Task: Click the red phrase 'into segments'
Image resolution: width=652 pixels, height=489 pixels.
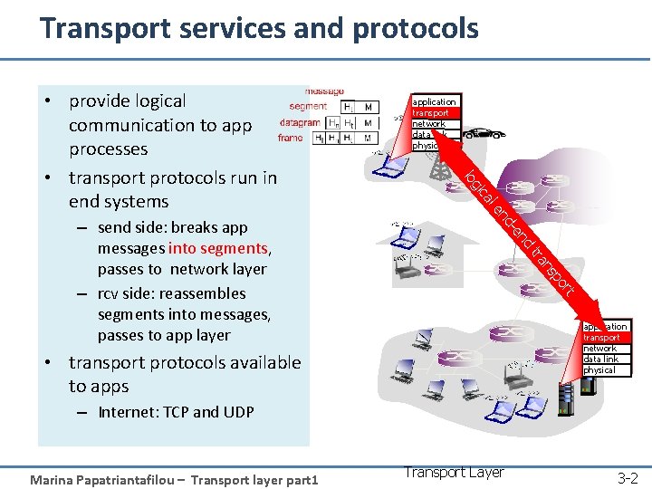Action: pos(218,248)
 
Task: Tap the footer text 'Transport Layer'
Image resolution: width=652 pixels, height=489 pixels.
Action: pos(454,472)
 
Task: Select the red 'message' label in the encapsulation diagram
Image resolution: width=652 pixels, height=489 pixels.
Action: pos(324,91)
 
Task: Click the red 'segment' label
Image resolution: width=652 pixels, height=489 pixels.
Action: pos(309,107)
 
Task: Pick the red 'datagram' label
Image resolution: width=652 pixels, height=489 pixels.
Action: pos(300,122)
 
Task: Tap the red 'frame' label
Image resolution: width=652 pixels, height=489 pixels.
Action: pos(291,139)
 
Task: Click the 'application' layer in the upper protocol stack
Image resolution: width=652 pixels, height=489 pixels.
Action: pos(435,101)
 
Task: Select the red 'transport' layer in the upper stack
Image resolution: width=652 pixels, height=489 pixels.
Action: pos(431,113)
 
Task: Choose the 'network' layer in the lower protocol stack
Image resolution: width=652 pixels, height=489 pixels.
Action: pos(599,349)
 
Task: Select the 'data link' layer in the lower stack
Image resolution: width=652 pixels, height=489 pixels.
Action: pos(600,360)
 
